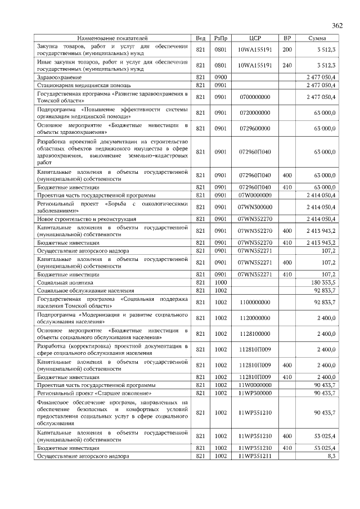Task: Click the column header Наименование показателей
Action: pyautogui.click(x=112, y=38)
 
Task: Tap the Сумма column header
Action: pyautogui.click(x=318, y=38)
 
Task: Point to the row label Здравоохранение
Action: pyautogui.click(x=60, y=76)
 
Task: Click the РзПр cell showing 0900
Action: pyautogui.click(x=220, y=76)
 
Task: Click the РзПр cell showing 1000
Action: pyautogui.click(x=220, y=282)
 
